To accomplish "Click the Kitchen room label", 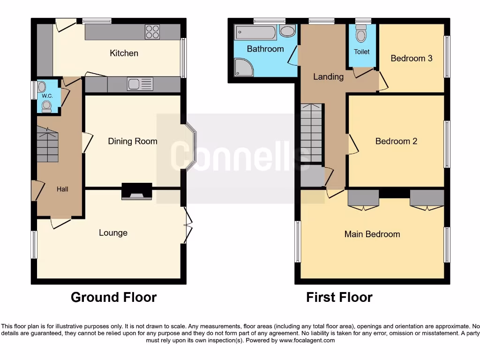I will click(124, 53).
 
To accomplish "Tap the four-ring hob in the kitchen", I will click(152, 31).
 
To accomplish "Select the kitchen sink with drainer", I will click(140, 84).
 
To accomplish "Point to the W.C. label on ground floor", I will click(47, 96).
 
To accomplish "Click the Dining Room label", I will click(132, 141).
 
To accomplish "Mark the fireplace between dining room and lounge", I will click(137, 191).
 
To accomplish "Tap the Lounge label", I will click(113, 232).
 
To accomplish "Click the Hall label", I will click(62, 189).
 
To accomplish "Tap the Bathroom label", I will click(265, 49).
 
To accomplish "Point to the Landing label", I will click(328, 76).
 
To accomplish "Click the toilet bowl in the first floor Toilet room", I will click(361, 35).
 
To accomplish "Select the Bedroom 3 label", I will click(411, 58).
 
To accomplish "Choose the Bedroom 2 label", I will click(396, 141).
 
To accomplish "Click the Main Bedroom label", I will click(372, 234).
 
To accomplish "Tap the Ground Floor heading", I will click(113, 297).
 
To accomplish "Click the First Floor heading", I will click(339, 297).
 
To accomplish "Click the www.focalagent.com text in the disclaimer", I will click(307, 340).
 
